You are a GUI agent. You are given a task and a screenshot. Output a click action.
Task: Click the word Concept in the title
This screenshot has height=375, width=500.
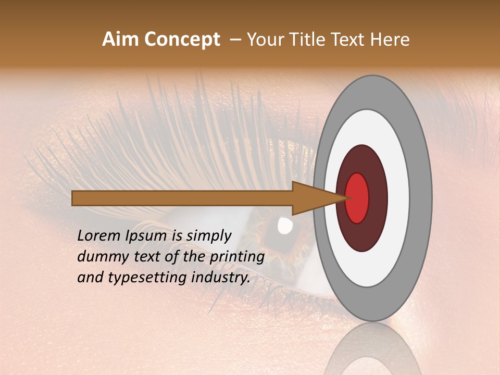(182, 40)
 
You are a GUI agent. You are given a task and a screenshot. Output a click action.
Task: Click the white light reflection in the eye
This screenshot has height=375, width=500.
(284, 225)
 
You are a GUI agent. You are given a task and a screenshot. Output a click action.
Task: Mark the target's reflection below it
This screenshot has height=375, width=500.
(372, 352)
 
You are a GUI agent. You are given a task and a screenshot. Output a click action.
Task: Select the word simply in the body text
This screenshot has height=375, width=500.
(208, 236)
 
